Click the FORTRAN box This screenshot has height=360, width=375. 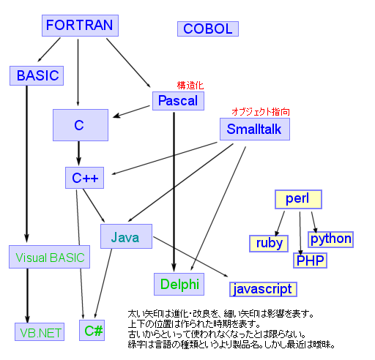point(79,26)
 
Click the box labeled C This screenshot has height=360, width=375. point(79,125)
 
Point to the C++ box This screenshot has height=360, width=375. point(86,178)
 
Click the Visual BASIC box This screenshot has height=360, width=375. point(51,258)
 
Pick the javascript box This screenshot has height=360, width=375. point(262,289)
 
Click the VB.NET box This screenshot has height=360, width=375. point(40,331)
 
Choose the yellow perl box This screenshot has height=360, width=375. point(297,199)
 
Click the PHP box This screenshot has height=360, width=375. point(311,260)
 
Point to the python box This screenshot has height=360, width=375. point(330,239)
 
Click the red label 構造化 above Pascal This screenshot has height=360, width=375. point(190,85)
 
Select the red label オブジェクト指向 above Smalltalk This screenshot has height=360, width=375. point(261,112)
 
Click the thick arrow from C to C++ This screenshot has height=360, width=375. point(79,154)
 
